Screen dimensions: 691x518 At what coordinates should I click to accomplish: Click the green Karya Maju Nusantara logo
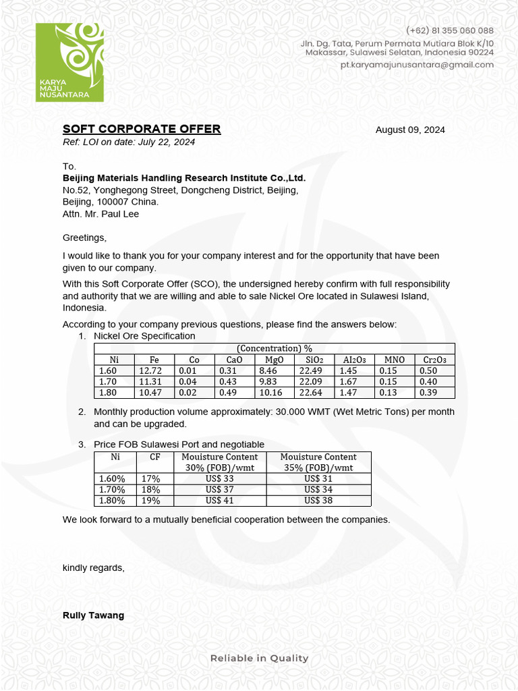point(69,62)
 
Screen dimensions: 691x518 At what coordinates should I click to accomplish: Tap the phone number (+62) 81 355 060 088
point(449,30)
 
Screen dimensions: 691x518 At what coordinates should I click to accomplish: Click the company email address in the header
point(416,65)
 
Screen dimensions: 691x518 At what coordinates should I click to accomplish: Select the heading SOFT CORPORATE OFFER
point(142,130)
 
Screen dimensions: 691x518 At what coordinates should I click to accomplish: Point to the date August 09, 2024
point(410,130)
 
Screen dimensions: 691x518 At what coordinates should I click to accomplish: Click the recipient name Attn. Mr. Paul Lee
point(101,214)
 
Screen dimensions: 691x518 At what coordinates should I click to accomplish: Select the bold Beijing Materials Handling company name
point(184,178)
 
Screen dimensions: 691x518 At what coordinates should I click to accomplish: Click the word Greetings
point(84,238)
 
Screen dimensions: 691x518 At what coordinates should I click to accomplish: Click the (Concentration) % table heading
point(274,348)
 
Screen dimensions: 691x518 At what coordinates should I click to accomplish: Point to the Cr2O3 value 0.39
point(428,392)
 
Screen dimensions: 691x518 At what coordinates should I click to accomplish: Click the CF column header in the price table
point(155,457)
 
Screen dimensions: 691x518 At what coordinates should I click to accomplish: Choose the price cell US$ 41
point(220,501)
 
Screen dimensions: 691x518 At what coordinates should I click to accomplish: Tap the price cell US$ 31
point(318,478)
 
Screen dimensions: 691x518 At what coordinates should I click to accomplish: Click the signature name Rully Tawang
point(93,615)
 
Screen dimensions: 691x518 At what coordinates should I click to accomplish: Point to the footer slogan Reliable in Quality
point(259,658)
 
